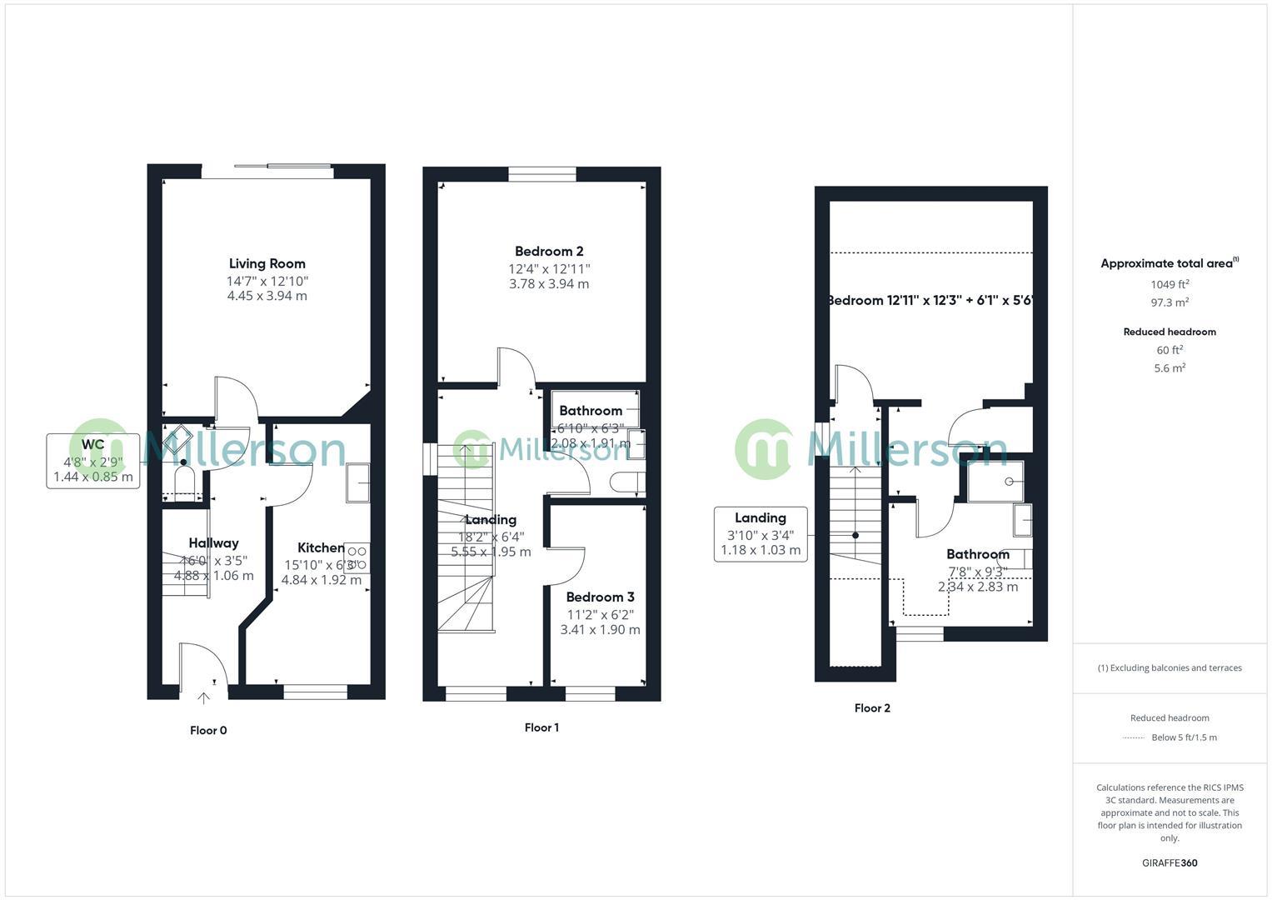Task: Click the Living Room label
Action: tap(267, 263)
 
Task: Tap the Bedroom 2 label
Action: tap(548, 251)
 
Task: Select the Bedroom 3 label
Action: tap(600, 597)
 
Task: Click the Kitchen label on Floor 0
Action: tap(321, 547)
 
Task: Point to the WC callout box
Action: tap(92, 461)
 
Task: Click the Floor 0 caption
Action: tap(208, 731)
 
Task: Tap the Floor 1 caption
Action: tap(541, 727)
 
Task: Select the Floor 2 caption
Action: tap(872, 708)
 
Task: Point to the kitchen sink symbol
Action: tap(358, 482)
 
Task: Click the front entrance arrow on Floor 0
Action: tap(203, 698)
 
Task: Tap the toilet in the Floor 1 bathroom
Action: tap(626, 482)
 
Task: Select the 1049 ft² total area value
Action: tap(1170, 284)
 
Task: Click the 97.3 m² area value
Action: tap(1170, 303)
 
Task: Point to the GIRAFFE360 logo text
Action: tap(1170, 862)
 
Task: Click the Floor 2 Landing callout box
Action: tap(761, 533)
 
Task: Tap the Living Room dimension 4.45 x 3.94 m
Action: tap(267, 296)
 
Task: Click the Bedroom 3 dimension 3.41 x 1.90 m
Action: tap(600, 630)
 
